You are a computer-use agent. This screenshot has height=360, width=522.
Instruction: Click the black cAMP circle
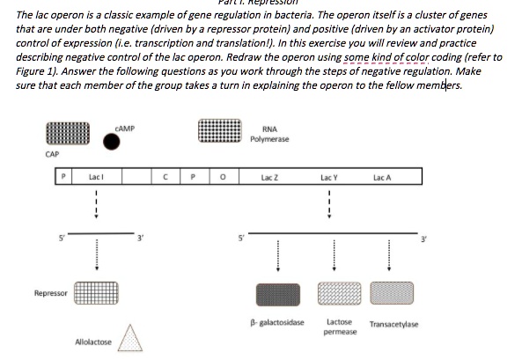point(112,141)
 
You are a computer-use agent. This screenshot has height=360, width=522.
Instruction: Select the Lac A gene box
point(384,178)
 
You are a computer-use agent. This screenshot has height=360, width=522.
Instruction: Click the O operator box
point(223,178)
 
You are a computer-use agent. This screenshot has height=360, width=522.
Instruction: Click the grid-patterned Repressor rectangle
point(96,290)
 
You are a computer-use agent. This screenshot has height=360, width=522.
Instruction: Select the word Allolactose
point(92,342)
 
